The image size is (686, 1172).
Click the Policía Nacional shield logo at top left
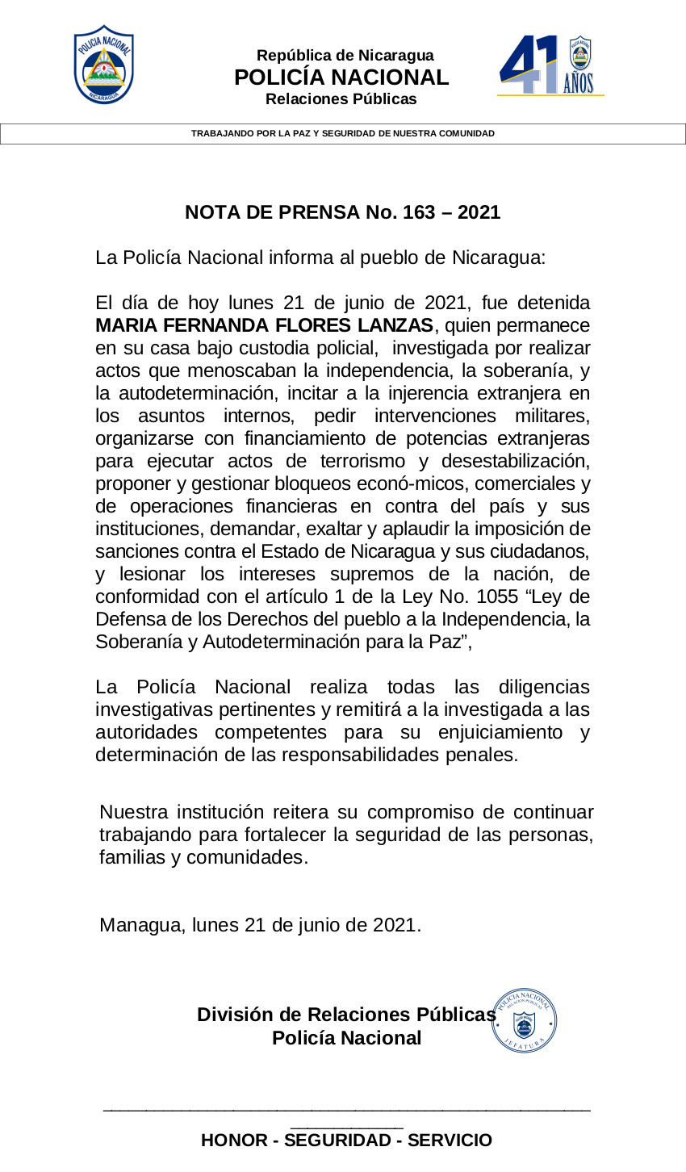click(104, 65)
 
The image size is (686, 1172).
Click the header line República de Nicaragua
click(345, 56)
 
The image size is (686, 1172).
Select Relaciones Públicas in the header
click(341, 99)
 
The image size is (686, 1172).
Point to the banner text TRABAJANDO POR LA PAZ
click(342, 133)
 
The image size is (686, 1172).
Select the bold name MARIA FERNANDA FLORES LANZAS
click(264, 326)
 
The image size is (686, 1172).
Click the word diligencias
click(543, 688)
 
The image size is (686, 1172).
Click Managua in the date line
click(141, 925)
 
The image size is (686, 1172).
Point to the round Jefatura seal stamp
click(525, 1021)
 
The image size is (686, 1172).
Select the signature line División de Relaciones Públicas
click(345, 1015)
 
